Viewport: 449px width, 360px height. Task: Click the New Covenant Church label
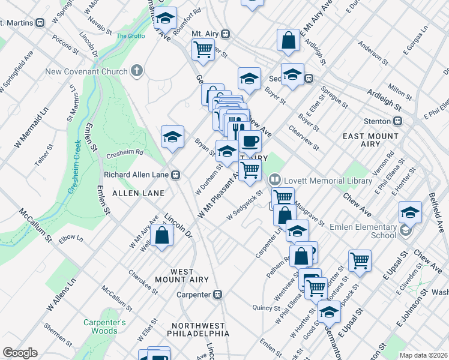click(x=86, y=72)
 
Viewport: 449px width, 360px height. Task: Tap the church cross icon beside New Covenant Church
click(x=137, y=71)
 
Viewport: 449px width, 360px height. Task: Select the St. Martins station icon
click(x=40, y=23)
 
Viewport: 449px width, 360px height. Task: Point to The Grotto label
click(x=131, y=36)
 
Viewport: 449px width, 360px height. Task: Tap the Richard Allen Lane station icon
click(x=176, y=175)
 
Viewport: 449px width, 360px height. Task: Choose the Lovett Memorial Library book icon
click(x=275, y=179)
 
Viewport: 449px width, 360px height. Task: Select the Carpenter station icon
click(x=218, y=295)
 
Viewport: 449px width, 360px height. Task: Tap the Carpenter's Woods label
click(x=104, y=326)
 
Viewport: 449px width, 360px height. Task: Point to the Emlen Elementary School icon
click(x=406, y=230)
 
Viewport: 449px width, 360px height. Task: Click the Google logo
click(x=20, y=353)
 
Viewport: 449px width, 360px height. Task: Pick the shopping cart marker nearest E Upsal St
click(x=360, y=260)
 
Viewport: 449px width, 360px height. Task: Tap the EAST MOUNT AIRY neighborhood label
click(x=370, y=140)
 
